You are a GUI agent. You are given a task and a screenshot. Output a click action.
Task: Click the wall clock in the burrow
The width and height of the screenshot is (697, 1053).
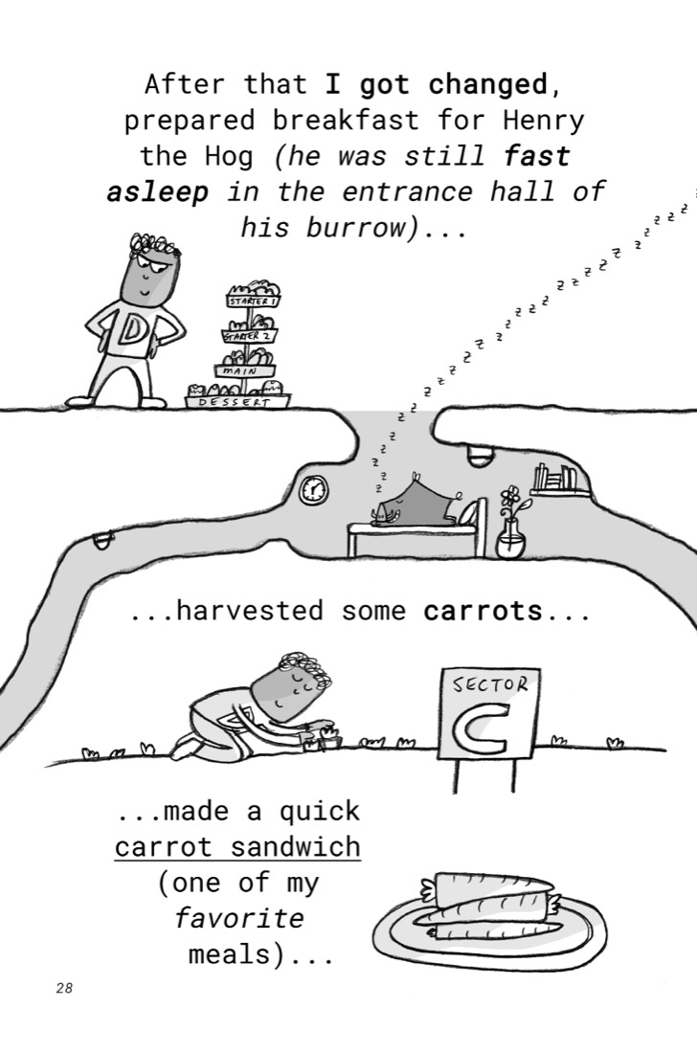[314, 490]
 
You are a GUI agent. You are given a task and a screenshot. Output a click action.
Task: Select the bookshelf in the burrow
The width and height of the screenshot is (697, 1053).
[559, 482]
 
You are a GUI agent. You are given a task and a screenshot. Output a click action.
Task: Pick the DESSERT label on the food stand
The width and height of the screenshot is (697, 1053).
[236, 402]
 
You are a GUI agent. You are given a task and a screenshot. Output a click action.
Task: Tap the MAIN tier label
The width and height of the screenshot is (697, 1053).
[244, 370]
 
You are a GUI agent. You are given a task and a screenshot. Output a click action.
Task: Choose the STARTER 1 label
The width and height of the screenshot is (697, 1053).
[253, 301]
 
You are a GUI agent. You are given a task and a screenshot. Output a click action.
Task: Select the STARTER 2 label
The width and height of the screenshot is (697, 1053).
[249, 335]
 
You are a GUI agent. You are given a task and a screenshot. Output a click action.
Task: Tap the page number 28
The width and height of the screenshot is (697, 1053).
[64, 988]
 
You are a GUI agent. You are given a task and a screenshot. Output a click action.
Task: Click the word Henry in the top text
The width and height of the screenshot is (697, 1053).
[544, 121]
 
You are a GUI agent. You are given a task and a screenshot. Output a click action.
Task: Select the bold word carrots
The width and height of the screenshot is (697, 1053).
[483, 611]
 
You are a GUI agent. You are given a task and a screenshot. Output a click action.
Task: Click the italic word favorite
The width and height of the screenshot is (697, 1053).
[239, 918]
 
